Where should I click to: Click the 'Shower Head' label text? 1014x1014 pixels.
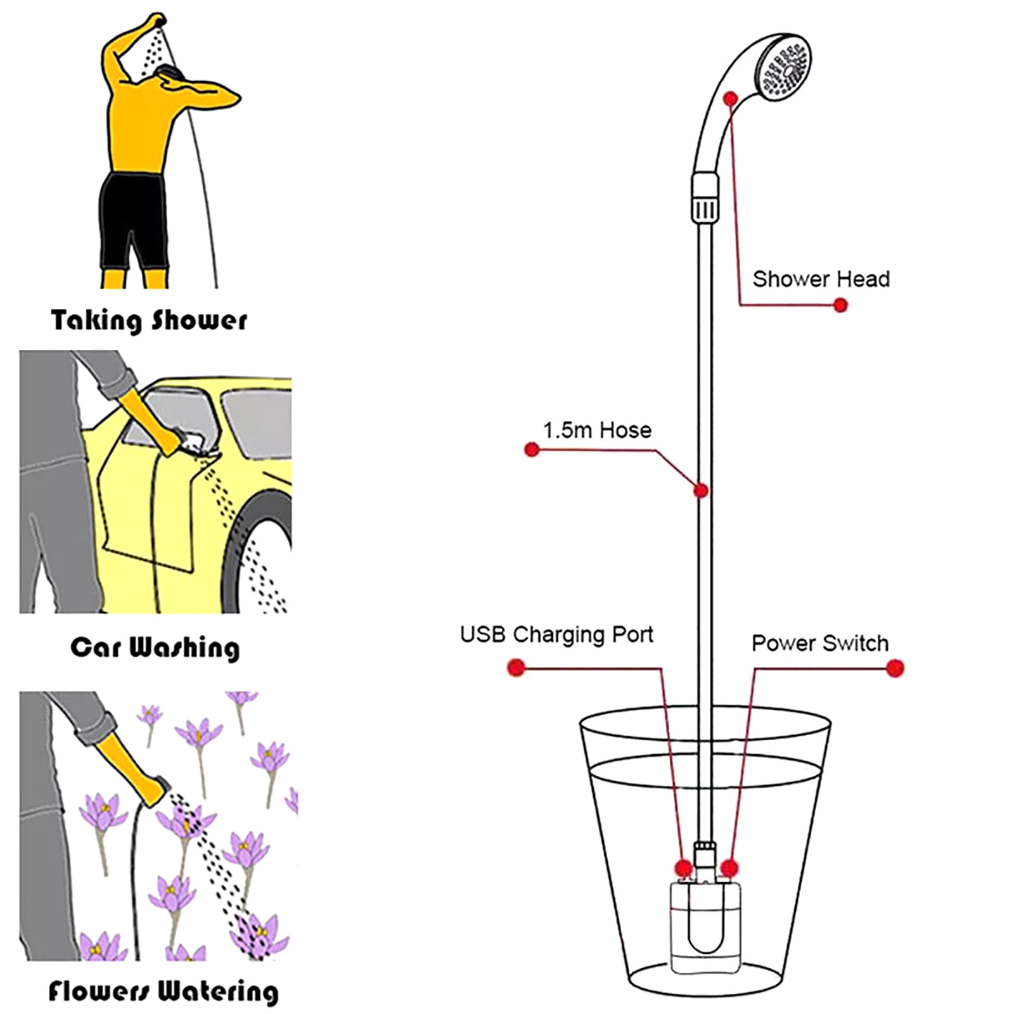pyautogui.click(x=821, y=279)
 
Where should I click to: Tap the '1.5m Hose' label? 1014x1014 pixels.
pyautogui.click(x=597, y=431)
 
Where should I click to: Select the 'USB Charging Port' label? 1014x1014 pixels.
pyautogui.click(x=556, y=635)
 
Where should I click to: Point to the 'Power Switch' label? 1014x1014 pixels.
pyautogui.click(x=820, y=644)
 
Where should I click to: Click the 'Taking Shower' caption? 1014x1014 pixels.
pyautogui.click(x=149, y=321)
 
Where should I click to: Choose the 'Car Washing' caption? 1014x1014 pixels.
pyautogui.click(x=155, y=648)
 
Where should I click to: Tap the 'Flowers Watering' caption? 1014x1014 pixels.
pyautogui.click(x=164, y=991)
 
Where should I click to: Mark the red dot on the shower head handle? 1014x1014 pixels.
pyautogui.click(x=730, y=99)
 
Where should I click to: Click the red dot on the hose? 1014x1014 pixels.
pyautogui.click(x=701, y=491)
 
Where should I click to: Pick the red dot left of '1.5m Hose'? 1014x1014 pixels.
pyautogui.click(x=532, y=450)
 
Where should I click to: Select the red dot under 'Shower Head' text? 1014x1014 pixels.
pyautogui.click(x=840, y=305)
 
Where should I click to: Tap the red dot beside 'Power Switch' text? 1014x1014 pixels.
pyautogui.click(x=895, y=668)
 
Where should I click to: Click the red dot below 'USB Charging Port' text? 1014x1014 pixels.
pyautogui.click(x=517, y=667)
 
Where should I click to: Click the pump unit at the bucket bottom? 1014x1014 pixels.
pyautogui.click(x=704, y=925)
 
